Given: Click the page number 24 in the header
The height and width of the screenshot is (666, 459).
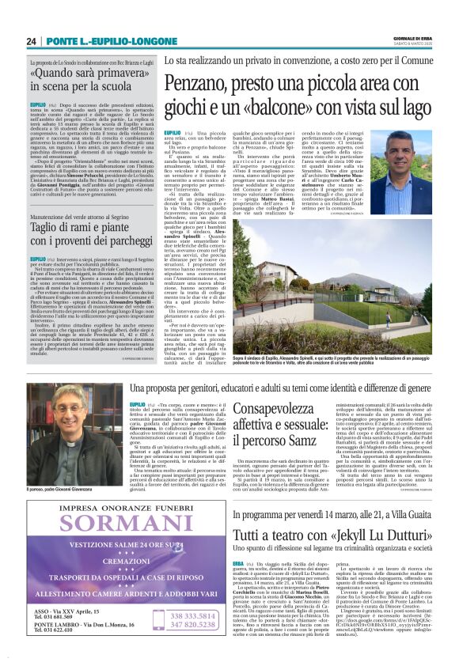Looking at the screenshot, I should click(x=32, y=41).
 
